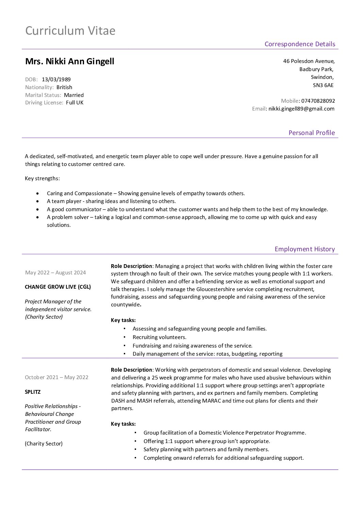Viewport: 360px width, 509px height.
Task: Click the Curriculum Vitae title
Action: [70, 31]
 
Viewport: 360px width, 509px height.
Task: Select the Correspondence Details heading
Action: [299, 44]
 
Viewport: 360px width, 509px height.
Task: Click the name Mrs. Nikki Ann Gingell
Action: [70, 61]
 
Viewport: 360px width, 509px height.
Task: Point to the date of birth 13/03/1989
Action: [56, 80]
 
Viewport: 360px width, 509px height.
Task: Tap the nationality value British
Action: [64, 87]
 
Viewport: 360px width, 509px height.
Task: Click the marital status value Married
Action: [73, 95]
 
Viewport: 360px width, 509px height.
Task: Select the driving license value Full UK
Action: [75, 103]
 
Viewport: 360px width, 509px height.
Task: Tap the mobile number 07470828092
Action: [318, 101]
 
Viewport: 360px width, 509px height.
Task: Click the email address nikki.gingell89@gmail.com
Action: [301, 109]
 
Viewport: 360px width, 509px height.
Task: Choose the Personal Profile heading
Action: [311, 133]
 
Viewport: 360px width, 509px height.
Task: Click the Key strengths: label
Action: [42, 178]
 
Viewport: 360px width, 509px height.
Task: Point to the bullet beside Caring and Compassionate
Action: [37, 193]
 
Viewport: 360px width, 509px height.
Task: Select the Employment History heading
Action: [305, 249]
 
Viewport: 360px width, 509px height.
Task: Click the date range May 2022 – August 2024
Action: [55, 272]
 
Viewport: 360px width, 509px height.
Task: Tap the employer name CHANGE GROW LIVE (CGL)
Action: [58, 287]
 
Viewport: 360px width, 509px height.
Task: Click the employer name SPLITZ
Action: [33, 392]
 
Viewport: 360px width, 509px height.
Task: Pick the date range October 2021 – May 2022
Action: [56, 377]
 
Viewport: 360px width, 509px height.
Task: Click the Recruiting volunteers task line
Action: [159, 337]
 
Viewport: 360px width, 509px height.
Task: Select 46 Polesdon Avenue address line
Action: [309, 61]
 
